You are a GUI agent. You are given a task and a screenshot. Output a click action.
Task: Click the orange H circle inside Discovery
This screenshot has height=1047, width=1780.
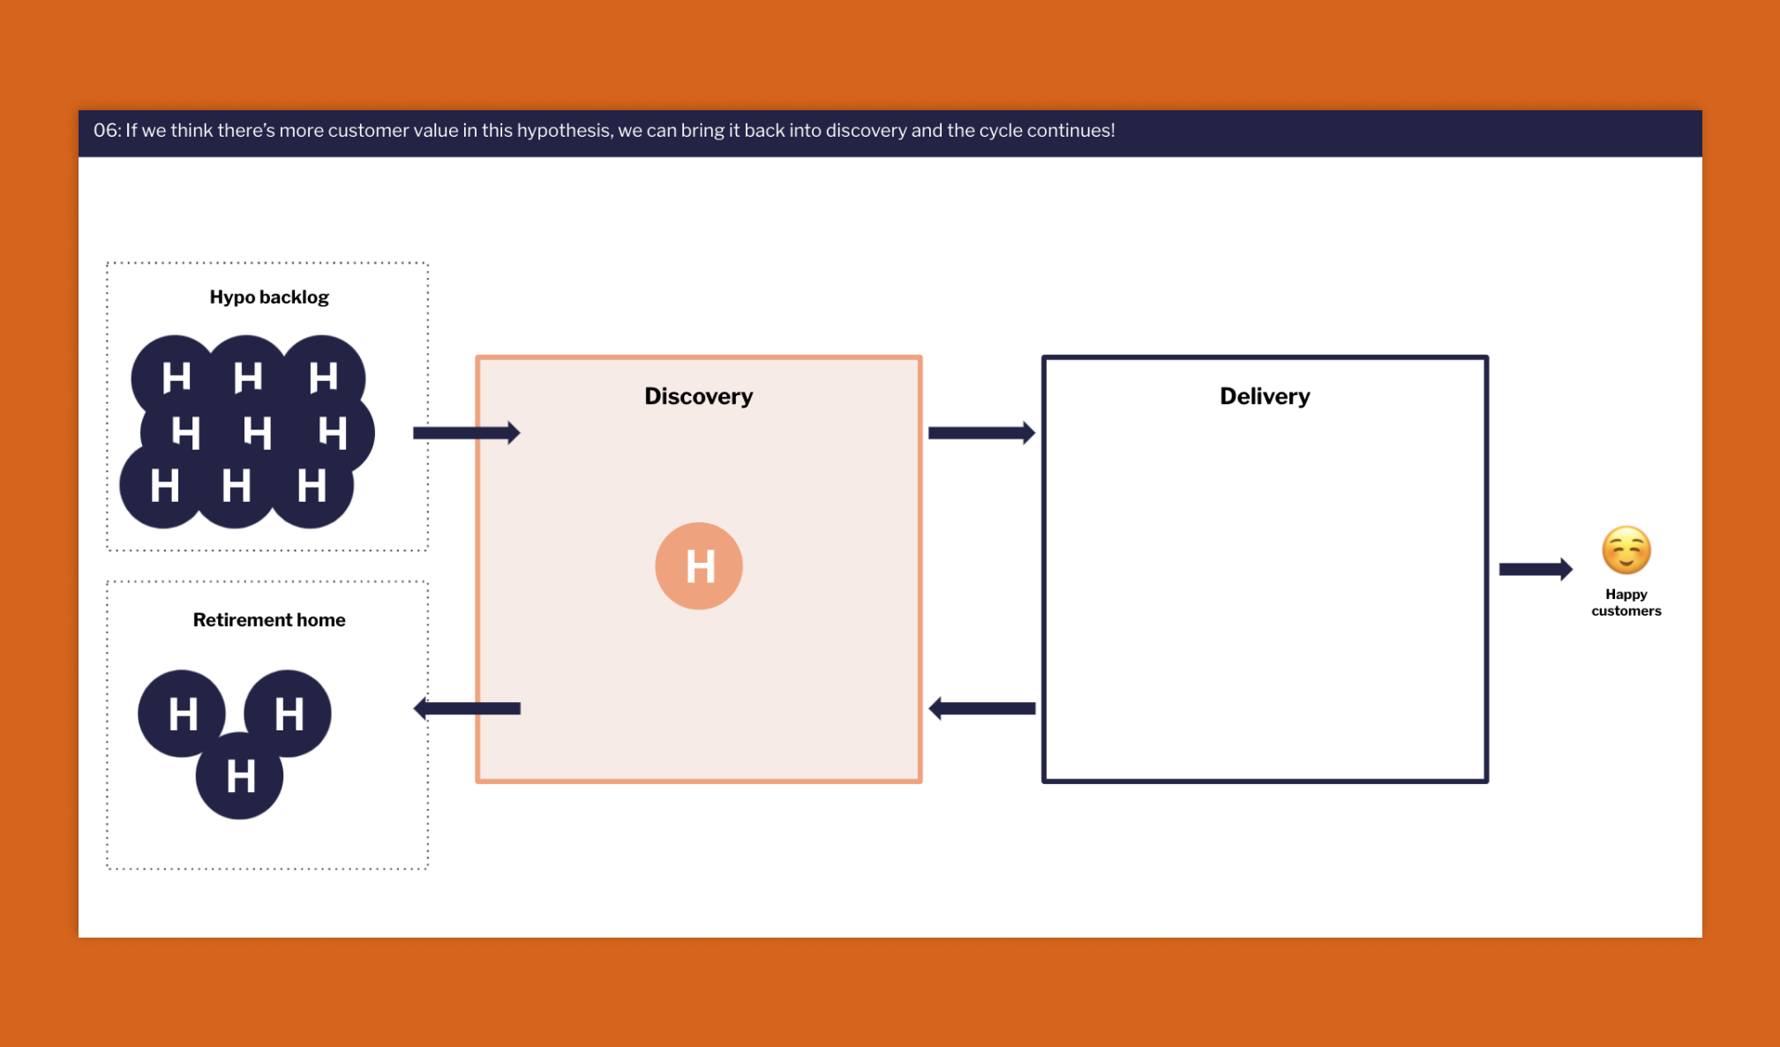click(x=698, y=565)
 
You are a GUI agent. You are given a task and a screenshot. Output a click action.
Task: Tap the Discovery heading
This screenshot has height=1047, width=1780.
click(x=698, y=396)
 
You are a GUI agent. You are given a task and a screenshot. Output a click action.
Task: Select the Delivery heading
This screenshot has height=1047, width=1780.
click(x=1264, y=396)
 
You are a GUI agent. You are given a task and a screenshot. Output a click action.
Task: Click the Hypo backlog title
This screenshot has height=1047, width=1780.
click(x=269, y=297)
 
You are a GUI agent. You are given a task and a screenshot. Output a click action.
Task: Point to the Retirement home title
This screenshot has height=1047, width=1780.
click(x=269, y=620)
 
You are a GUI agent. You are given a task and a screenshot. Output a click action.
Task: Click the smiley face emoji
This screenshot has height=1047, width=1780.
click(x=1626, y=550)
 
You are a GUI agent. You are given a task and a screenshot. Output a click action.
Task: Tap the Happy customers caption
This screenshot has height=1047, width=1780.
click(x=1626, y=602)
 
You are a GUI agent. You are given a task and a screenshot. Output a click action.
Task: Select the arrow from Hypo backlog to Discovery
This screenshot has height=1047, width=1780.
click(x=466, y=432)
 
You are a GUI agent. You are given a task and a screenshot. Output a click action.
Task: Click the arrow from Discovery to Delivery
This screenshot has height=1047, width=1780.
click(x=980, y=432)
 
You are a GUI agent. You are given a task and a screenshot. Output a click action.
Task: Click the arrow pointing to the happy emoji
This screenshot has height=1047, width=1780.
click(x=1535, y=569)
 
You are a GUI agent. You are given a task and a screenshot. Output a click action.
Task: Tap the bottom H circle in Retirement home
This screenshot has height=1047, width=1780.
click(x=239, y=776)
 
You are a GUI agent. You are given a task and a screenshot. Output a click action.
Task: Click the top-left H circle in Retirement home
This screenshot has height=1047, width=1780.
click(x=182, y=713)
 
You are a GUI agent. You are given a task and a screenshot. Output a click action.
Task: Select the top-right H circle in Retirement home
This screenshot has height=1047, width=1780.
click(x=288, y=713)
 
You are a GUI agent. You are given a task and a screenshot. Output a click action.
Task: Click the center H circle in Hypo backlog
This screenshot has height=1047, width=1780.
click(x=256, y=432)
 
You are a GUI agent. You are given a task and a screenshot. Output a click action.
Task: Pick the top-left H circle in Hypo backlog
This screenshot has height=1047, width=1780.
click(x=175, y=378)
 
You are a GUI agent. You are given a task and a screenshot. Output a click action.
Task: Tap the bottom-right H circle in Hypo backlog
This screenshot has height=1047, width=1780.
click(x=311, y=486)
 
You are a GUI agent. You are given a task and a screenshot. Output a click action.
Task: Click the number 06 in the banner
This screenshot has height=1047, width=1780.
click(x=106, y=131)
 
